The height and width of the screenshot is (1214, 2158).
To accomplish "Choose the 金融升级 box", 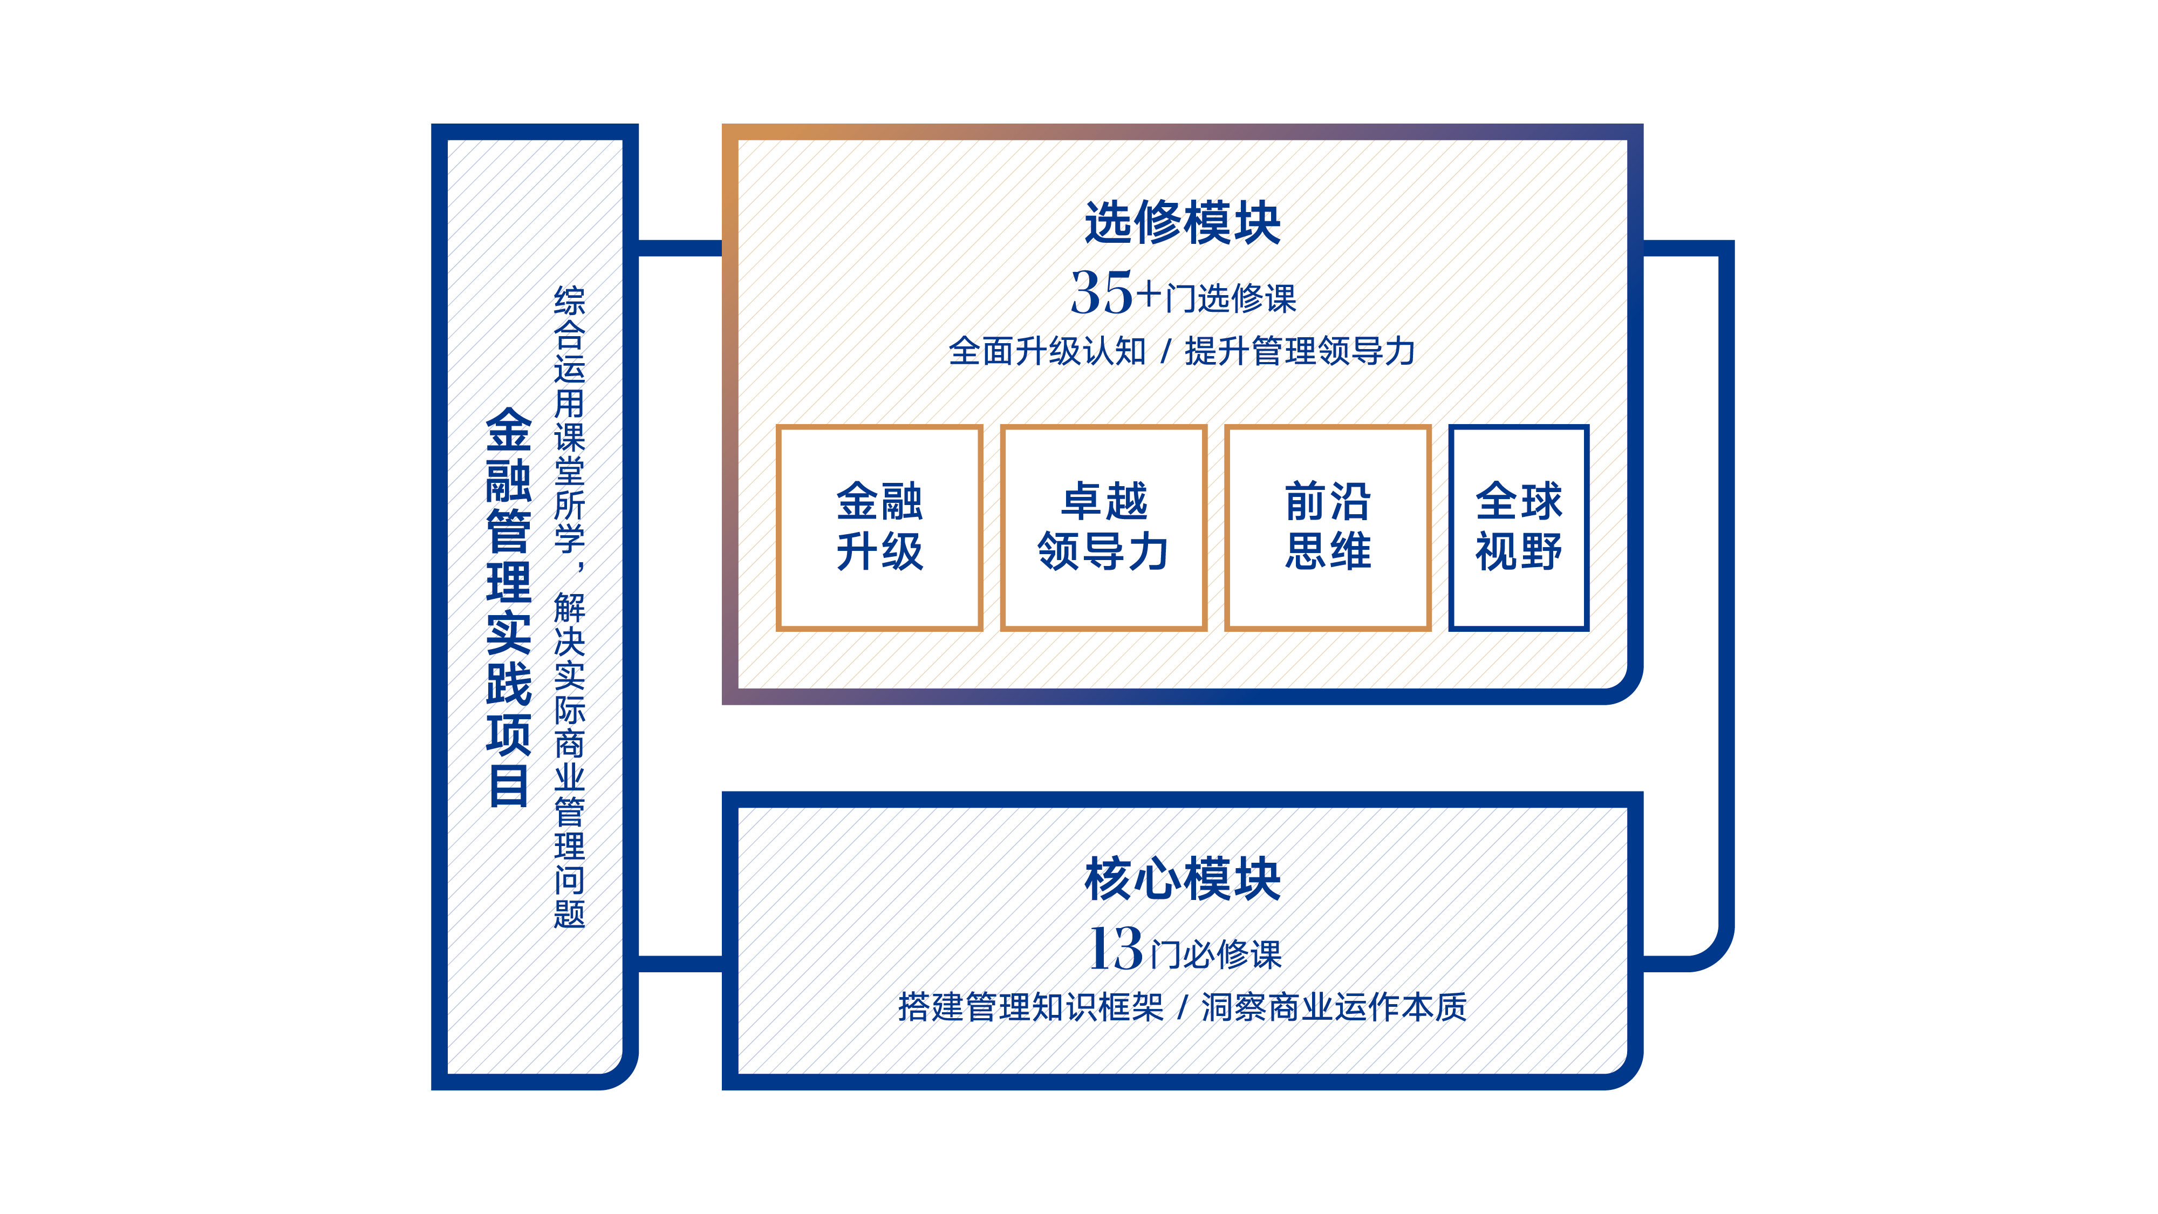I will [879, 527].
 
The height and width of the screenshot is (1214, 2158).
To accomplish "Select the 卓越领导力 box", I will [1103, 527].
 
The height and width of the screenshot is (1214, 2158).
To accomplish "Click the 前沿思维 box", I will [1327, 527].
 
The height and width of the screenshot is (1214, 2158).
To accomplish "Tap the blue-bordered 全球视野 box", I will [1518, 527].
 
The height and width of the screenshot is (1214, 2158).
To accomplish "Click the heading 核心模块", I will [1182, 879].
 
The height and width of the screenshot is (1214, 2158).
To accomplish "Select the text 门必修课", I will [1217, 955].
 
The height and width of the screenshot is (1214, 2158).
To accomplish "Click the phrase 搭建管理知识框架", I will [1030, 1007].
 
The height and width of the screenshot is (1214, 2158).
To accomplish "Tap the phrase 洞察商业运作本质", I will [1334, 1007].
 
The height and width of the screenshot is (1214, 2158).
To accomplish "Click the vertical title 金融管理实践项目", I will [509, 608].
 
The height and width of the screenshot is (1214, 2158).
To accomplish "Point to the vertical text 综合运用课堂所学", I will [570, 419].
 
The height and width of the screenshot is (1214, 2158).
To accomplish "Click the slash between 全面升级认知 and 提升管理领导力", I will [1165, 352].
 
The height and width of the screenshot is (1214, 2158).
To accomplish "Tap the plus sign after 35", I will [1149, 295].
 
